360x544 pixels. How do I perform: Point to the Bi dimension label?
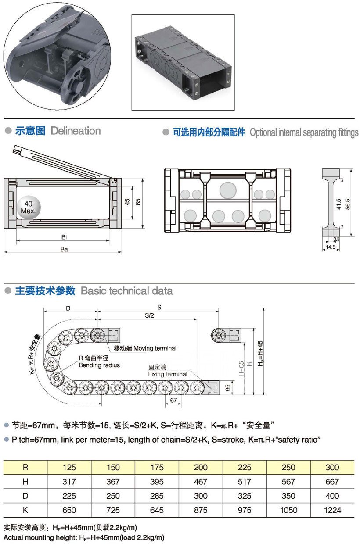[x=64, y=237]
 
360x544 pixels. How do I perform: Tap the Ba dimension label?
[x=64, y=249]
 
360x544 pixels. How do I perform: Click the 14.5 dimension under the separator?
[x=330, y=247]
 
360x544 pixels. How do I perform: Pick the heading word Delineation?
[x=76, y=131]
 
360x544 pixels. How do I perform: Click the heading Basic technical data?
[x=127, y=291]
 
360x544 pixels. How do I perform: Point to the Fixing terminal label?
[x=168, y=374]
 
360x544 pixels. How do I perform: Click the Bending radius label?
[x=99, y=365]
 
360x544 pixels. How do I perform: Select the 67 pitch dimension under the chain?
[x=173, y=400]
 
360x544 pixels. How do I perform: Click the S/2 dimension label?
[x=149, y=315]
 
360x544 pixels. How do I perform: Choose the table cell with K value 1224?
[x=332, y=510]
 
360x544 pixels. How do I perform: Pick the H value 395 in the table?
[x=157, y=482]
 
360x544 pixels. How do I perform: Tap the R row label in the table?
[x=25, y=467]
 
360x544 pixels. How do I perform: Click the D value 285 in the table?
[x=157, y=496]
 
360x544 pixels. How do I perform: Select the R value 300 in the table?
[x=332, y=467]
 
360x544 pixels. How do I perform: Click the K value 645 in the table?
[x=157, y=510]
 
